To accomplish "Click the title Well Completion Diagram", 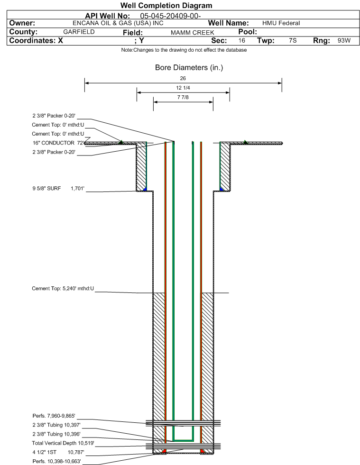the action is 166,5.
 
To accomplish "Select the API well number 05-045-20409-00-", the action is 170,16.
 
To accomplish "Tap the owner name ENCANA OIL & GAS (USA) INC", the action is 118,23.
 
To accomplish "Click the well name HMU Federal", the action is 281,23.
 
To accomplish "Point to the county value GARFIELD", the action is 79,32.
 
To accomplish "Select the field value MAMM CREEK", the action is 192,33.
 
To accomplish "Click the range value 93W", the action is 344,40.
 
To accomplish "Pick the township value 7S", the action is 293,40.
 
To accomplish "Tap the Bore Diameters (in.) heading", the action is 189,68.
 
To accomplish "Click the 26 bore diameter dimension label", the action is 183,78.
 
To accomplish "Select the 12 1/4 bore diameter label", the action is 183,88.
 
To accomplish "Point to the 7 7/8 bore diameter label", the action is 183,97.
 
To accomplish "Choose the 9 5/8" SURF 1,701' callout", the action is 58,188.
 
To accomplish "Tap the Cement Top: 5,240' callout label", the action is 63,289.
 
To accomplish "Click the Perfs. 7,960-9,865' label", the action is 54,416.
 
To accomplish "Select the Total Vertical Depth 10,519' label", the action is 63,443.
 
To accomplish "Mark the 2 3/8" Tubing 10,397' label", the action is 56,425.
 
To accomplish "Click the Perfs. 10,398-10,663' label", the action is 57,461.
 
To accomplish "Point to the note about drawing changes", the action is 184,50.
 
